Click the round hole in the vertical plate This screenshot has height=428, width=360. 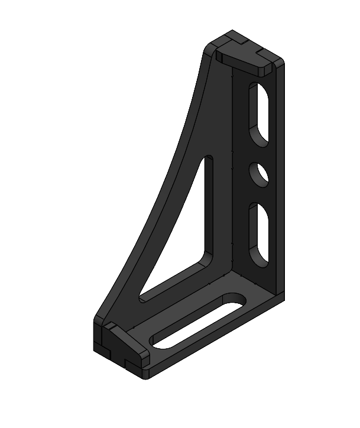(258, 174)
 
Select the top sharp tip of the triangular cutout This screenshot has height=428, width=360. (208, 158)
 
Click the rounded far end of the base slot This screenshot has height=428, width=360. (239, 297)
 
